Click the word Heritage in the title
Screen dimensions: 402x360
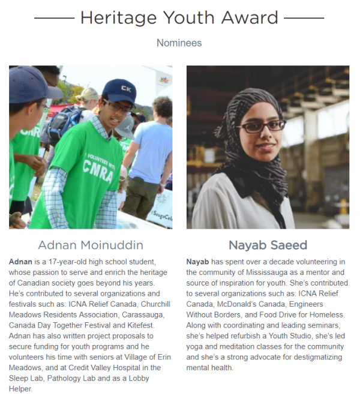[114, 17]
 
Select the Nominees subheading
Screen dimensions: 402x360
[179, 43]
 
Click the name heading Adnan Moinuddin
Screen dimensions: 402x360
[91, 245]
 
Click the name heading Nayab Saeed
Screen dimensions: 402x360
[268, 245]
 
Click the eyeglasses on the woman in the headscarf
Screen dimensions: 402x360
[260, 127]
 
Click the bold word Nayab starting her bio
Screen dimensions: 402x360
[197, 263]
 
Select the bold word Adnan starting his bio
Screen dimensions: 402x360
[21, 263]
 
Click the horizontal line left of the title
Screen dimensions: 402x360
[54, 18]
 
